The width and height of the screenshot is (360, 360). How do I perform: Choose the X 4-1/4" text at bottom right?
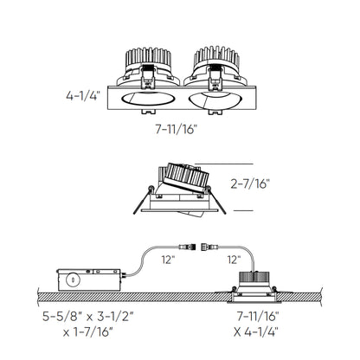pyautogui.click(x=256, y=331)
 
